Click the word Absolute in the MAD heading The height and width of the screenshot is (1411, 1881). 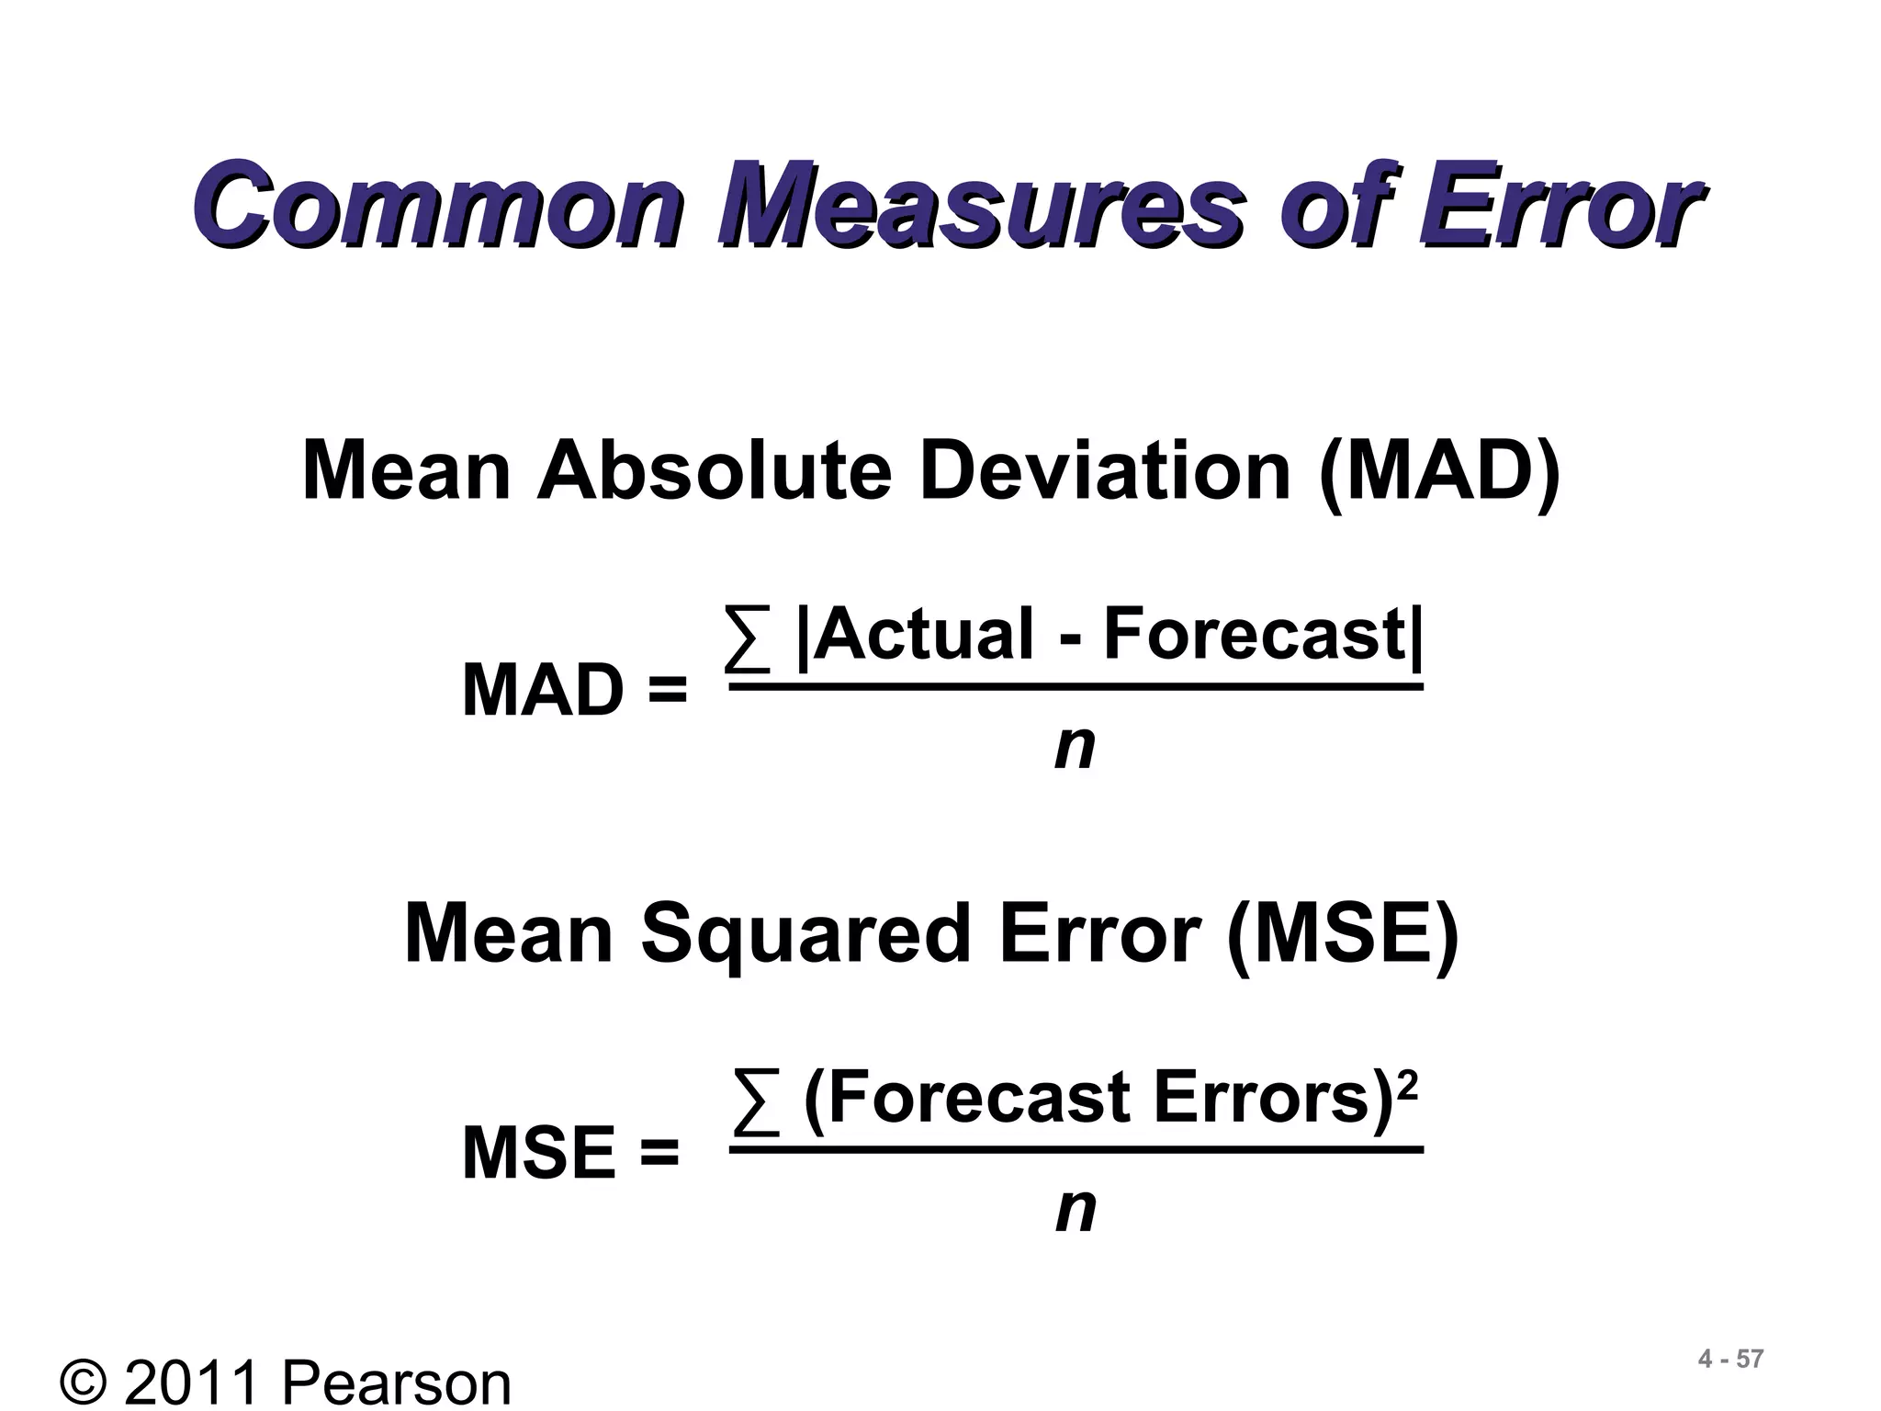[x=714, y=470]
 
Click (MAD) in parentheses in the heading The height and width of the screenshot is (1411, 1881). [x=1438, y=472]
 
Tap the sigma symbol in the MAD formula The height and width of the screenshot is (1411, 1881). [x=747, y=636]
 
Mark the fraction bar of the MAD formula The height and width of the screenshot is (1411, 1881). [x=1075, y=686]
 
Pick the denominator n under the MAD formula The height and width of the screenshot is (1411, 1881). [x=1075, y=748]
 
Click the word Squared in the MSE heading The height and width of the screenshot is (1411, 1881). [x=805, y=933]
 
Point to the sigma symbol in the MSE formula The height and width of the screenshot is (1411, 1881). [x=756, y=1099]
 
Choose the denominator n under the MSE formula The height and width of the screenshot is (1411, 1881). [x=1075, y=1210]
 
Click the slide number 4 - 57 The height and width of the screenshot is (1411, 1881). [x=1730, y=1360]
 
